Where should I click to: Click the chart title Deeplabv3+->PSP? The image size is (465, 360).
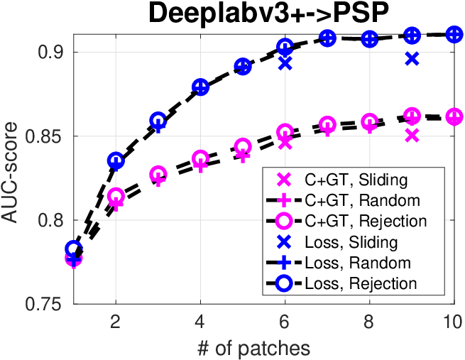coord(268,13)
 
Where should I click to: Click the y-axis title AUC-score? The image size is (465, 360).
coord(9,173)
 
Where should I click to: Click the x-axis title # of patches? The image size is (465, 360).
coord(253,349)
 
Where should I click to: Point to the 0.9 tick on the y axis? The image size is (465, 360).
coord(50,53)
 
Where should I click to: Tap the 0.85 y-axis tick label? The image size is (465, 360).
coord(44,136)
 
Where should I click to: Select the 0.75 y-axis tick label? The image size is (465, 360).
coord(44,304)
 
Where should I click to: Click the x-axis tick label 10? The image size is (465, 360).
coord(453,322)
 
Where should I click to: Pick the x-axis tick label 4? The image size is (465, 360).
coord(200,322)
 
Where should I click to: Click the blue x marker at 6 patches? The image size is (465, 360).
coord(285,63)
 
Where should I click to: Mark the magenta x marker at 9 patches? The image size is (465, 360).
coord(412,135)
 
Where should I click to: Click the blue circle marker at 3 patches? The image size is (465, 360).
coord(158,121)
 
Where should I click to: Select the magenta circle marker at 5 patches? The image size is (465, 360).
coord(243,146)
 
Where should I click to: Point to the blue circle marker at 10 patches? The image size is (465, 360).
coord(454,34)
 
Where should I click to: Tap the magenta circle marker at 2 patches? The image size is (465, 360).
coord(116,196)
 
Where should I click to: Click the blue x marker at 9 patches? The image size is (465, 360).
coord(412,59)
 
